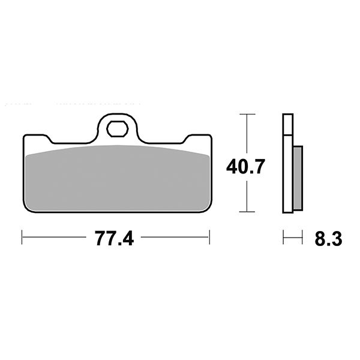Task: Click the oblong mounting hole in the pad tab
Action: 116,128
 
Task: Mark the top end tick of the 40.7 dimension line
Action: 245,113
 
